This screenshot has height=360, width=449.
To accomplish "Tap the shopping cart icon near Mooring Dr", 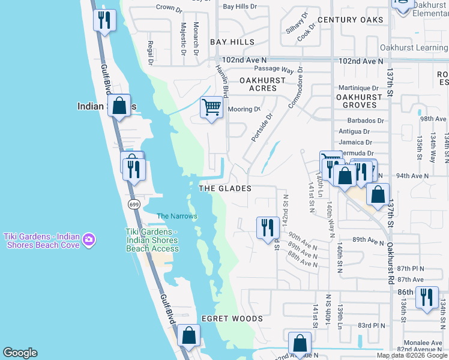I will (211, 107).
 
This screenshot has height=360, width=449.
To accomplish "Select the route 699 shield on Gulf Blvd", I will (133, 205).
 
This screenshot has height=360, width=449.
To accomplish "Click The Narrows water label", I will (176, 216).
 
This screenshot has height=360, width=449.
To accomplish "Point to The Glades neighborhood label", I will (224, 188).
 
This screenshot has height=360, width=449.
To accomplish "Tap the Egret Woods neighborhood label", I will (232, 319).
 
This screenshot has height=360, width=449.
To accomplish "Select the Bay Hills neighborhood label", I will (232, 43).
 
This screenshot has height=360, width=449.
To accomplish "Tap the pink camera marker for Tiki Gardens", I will (89, 239).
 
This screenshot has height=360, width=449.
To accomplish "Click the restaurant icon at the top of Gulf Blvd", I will (105, 21).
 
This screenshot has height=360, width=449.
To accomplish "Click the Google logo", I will (20, 353).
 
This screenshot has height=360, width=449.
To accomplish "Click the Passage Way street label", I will (274, 70).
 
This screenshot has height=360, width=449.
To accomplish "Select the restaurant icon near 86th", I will (427, 297).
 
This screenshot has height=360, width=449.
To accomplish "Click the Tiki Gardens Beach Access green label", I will (152, 240).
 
